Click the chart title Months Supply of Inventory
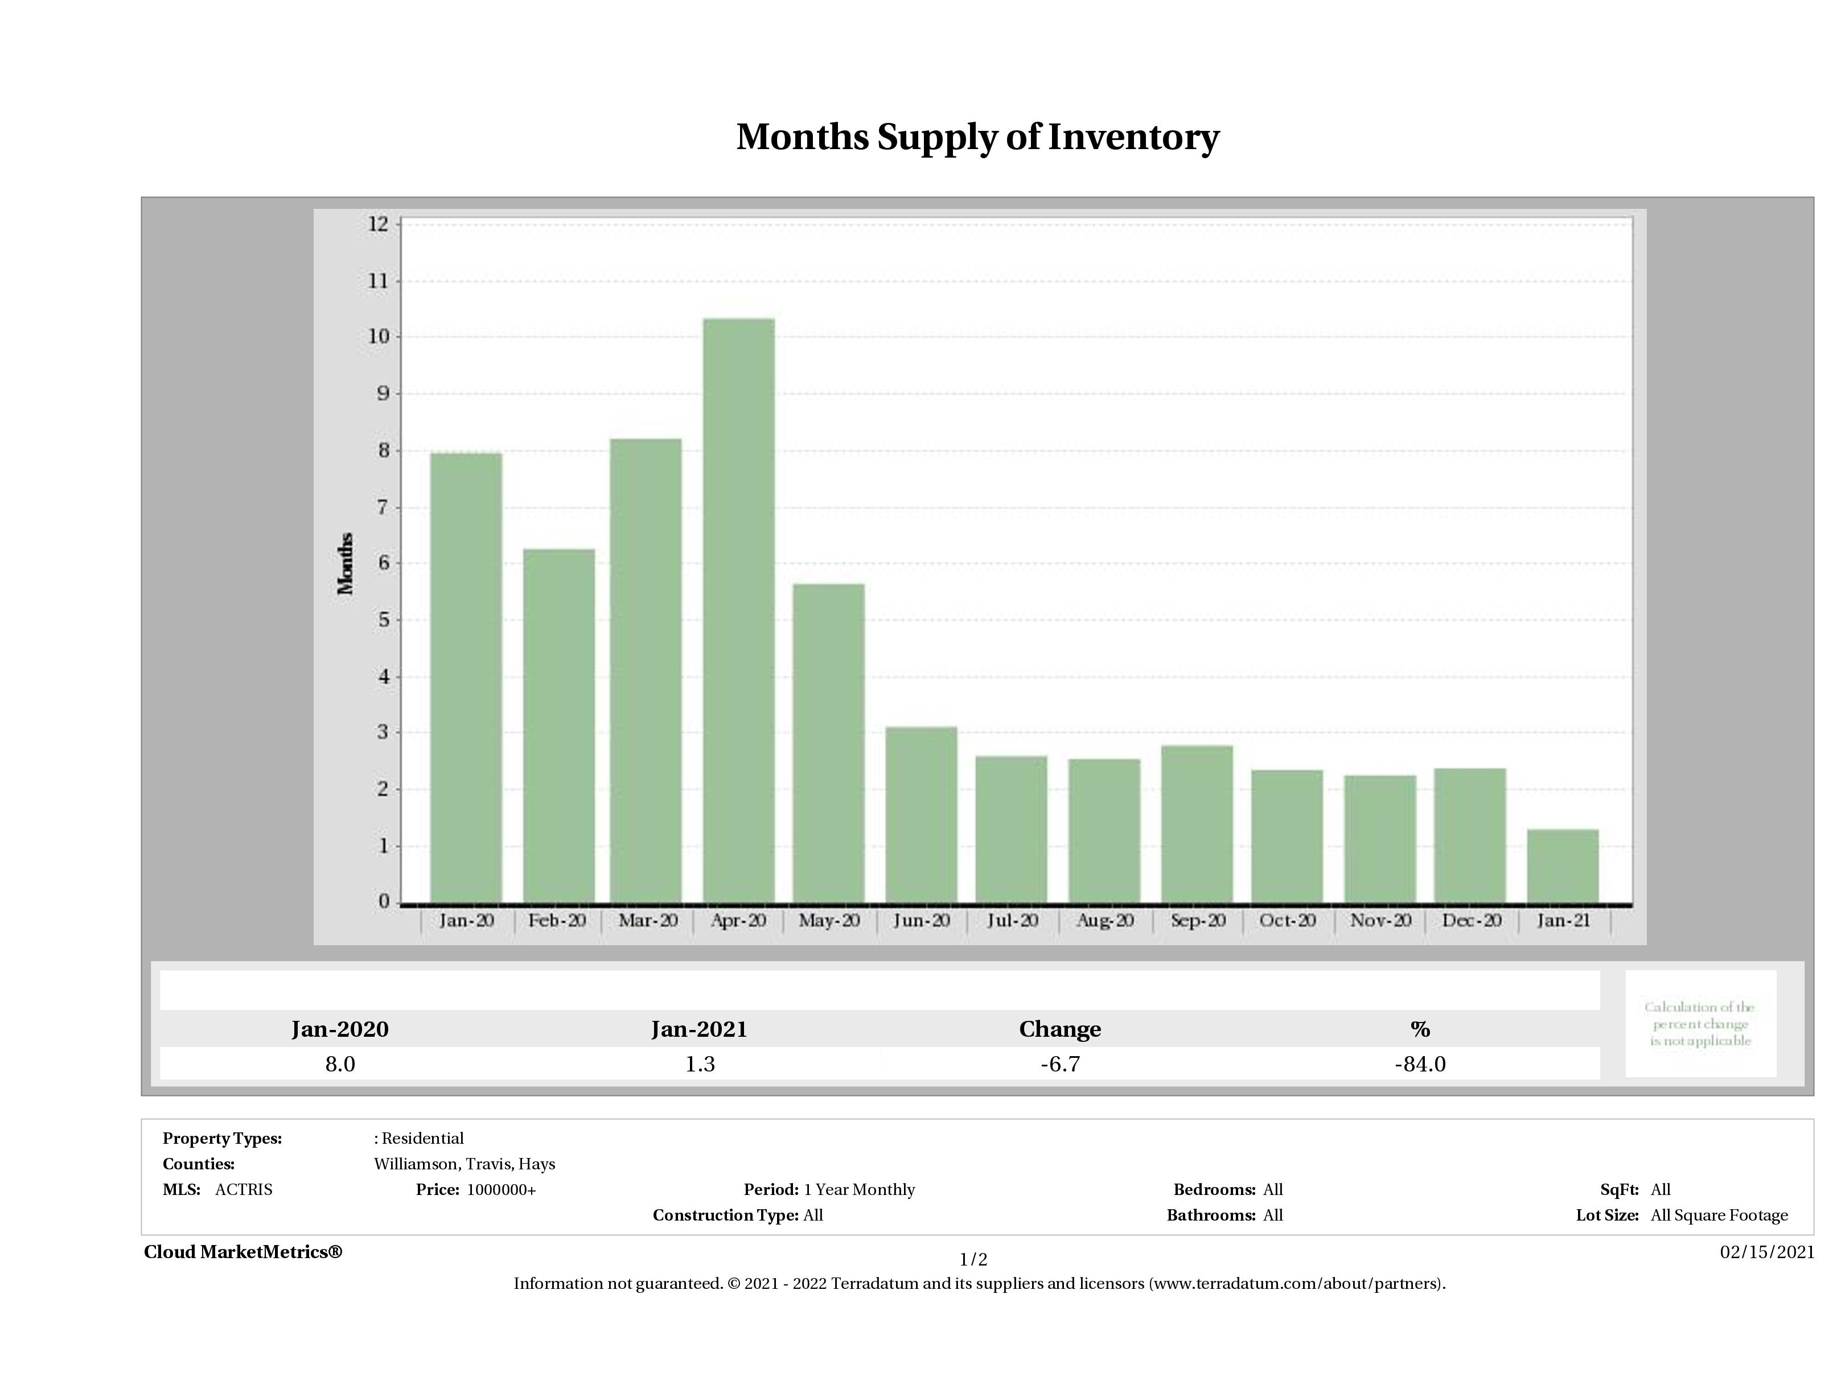click(977, 138)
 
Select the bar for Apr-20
click(738, 611)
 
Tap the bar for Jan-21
click(1562, 866)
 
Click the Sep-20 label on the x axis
click(1198, 921)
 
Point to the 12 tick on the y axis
click(378, 224)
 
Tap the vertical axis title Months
click(346, 564)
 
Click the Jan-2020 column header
click(340, 1029)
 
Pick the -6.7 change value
click(1060, 1064)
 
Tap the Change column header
click(1060, 1029)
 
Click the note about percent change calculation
click(1699, 1024)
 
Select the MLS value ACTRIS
click(243, 1190)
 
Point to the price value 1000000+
click(501, 1190)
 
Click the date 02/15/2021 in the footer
click(1766, 1252)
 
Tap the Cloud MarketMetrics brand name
click(243, 1252)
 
